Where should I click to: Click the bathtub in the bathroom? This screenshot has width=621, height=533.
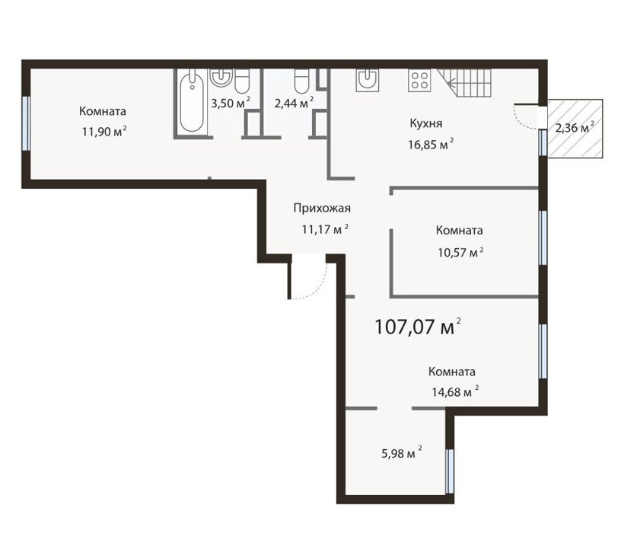tap(192, 101)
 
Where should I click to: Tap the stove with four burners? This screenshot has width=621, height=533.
tap(419, 80)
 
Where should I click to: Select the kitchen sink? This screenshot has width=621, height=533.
tap(367, 80)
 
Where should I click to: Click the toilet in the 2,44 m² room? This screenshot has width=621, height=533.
tap(302, 81)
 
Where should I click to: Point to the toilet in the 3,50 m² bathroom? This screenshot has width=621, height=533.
tap(241, 81)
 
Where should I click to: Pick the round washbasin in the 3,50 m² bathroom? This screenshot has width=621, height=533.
tap(221, 77)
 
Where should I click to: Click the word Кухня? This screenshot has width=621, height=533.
tap(425, 123)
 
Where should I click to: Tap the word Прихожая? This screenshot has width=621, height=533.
tap(322, 208)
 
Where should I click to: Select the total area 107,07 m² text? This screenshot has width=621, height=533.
tap(418, 327)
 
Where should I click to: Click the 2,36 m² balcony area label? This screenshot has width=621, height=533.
tap(575, 128)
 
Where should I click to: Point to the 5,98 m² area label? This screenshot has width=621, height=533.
tap(401, 453)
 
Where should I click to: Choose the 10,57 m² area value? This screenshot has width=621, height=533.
tap(460, 252)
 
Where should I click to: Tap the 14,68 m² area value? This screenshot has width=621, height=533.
tap(455, 392)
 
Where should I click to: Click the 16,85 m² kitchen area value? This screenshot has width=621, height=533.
tap(431, 144)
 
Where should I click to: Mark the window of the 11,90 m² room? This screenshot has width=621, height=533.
tap(26, 123)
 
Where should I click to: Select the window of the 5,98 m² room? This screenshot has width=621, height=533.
tap(449, 471)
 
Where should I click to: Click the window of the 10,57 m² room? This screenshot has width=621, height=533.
tap(543, 238)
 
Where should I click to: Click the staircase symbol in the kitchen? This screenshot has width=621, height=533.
tap(464, 83)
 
